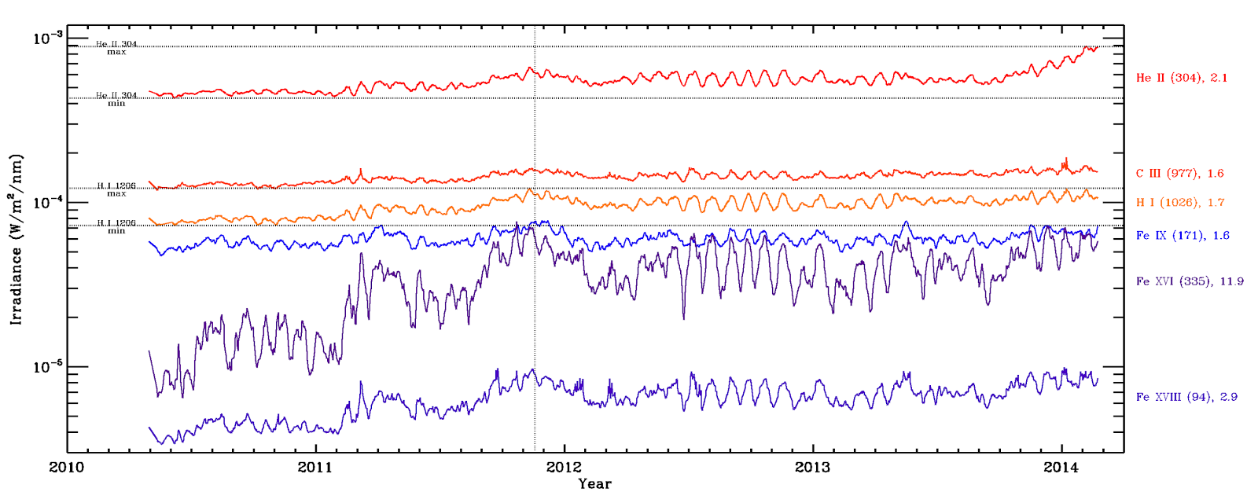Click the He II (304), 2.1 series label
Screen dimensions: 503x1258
[x=1181, y=78]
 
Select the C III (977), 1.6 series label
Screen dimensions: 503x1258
[x=1179, y=174]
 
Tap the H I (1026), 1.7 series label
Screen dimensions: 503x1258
[x=1180, y=203]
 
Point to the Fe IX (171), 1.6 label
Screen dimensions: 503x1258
[x=1183, y=236]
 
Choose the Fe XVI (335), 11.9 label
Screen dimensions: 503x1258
[x=1190, y=281]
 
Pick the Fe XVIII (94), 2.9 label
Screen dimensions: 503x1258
[x=1186, y=397]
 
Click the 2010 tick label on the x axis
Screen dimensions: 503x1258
[x=67, y=468]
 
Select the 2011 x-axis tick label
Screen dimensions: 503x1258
[x=315, y=468]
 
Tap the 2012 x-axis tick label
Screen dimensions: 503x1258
[x=564, y=468]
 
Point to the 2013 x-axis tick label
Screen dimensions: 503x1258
[x=812, y=468]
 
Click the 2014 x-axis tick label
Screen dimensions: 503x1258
[x=1061, y=468]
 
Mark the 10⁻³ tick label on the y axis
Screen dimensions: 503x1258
[x=46, y=38]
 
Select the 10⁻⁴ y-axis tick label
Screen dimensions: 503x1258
[x=46, y=203]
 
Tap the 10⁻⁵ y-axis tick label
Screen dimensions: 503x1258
[x=46, y=367]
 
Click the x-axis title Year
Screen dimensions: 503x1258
[x=594, y=484]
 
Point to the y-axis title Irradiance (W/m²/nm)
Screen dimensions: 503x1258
[x=17, y=240]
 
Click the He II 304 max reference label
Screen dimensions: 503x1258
[x=116, y=48]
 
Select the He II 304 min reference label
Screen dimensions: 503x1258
[x=116, y=99]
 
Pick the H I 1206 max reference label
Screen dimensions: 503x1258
[x=116, y=189]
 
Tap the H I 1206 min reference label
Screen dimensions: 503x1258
[x=116, y=227]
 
